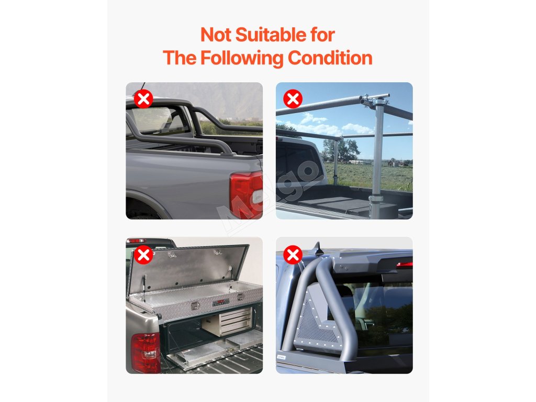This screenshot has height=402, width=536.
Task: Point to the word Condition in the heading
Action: click(330, 58)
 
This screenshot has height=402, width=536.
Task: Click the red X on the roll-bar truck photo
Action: click(143, 99)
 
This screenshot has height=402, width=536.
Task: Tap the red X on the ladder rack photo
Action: click(293, 99)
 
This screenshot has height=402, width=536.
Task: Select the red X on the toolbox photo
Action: click(143, 255)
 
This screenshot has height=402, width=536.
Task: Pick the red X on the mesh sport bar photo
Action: click(293, 255)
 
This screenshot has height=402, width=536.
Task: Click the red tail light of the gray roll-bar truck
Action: click(246, 195)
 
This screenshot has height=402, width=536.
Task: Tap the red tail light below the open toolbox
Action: click(146, 353)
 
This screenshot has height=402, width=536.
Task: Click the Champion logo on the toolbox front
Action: click(221, 303)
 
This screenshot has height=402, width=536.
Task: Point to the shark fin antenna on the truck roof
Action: click(319, 250)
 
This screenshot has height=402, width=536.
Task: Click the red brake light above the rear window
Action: click(405, 264)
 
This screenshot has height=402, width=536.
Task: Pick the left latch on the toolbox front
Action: click(196, 307)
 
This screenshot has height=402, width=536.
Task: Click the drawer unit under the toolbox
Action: click(230, 321)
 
